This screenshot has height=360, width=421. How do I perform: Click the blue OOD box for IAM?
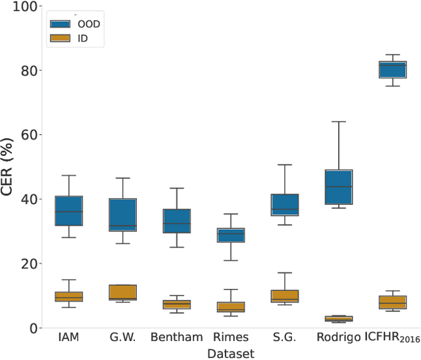pos(68,211)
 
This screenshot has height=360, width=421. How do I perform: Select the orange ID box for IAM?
pos(68,296)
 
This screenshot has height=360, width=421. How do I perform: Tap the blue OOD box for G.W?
pos(122,214)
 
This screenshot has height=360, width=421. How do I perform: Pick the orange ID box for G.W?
pos(122,292)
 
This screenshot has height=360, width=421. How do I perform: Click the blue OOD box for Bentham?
pos(176,220)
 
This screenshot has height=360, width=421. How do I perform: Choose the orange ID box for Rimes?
pos(231,307)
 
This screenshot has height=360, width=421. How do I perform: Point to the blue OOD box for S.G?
pos(285,205)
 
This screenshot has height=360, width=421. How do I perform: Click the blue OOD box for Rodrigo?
pos(339,187)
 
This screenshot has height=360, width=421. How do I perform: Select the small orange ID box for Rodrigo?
pos(339,319)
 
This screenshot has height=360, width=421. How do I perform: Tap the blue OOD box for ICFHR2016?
pos(393,69)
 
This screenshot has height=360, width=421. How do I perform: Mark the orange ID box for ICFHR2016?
pos(393,302)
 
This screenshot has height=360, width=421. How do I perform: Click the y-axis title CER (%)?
pos(8,167)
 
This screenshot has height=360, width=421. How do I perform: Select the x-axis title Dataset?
pos(230,353)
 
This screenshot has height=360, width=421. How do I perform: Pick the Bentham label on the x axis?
pos(176,338)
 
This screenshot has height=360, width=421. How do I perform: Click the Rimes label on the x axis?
pos(231,338)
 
